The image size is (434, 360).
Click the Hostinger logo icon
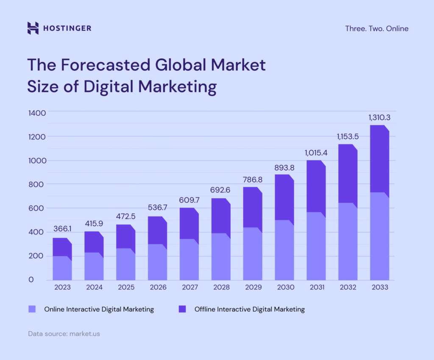click(33, 28)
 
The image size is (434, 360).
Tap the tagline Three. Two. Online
click(377, 29)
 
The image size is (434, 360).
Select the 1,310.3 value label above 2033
click(379, 117)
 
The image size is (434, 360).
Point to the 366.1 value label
click(62, 229)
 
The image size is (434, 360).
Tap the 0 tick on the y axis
click(31, 280)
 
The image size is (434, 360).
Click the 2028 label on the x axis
click(221, 287)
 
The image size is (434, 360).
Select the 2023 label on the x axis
click(62, 287)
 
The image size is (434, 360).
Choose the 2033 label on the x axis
click(379, 287)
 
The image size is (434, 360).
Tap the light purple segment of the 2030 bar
click(284, 250)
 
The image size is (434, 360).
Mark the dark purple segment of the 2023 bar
click(62, 247)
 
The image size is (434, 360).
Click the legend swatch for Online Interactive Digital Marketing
click(32, 309)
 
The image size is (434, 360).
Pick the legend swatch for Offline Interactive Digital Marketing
click(182, 309)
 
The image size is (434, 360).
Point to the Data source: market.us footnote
click(64, 334)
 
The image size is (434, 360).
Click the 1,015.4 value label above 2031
click(316, 153)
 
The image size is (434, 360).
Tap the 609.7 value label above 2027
click(189, 199)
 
